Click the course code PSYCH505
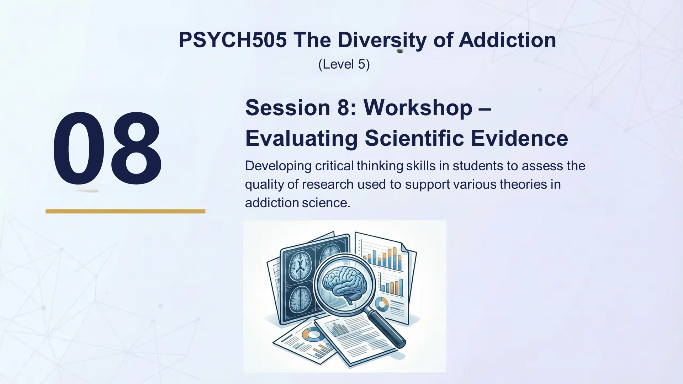pos(232,40)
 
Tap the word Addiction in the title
pos(507,40)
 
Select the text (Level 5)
pos(344,64)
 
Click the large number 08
pos(107,148)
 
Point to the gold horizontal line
pos(125,211)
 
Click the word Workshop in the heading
pos(418,107)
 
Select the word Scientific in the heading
pos(414,138)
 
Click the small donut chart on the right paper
pos(382,304)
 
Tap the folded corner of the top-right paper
pos(404,247)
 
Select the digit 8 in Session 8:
pos(344,107)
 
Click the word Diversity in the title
pos(382,40)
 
